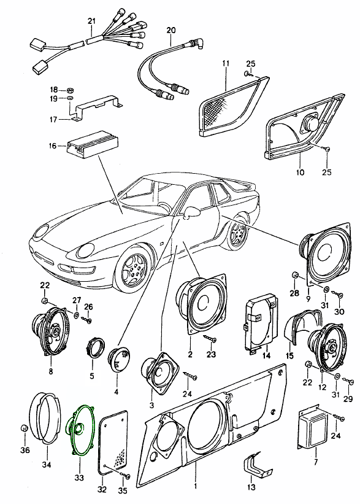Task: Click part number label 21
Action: pos(92,21)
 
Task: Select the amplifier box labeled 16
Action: pos(92,145)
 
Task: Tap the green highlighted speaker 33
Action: pos(80,431)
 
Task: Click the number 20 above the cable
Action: pos(171,31)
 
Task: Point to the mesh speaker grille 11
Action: pos(234,106)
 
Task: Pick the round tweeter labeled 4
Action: pos(119,360)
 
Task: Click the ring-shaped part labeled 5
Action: pos(95,347)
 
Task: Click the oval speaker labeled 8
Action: pos(50,330)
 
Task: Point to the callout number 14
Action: pos(266,355)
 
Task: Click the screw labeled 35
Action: pos(125,476)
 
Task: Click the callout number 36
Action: pos(25,450)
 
